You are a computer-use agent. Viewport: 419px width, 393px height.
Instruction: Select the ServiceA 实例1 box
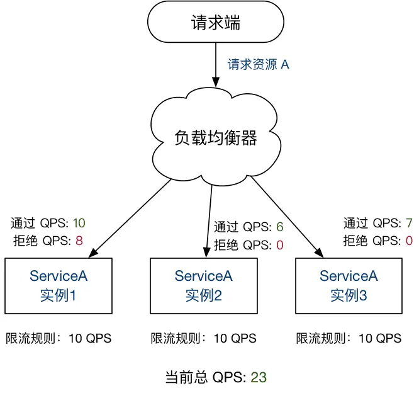(x=59, y=285)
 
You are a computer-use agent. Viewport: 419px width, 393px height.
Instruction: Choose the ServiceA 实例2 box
(x=204, y=285)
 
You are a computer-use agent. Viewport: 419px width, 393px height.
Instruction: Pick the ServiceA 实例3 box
(x=349, y=285)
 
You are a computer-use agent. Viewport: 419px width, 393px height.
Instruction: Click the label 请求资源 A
(x=259, y=64)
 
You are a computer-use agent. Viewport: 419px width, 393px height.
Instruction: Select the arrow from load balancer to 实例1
(x=132, y=218)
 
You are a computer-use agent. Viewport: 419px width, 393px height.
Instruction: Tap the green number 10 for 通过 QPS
(x=79, y=223)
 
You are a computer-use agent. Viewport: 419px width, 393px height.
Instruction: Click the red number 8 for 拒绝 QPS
(x=79, y=239)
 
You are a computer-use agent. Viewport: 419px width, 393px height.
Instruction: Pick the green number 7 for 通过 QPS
(x=409, y=223)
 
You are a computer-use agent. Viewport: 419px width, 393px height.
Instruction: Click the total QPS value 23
(x=259, y=377)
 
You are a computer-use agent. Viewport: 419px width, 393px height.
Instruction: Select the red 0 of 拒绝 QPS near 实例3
(x=409, y=240)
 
